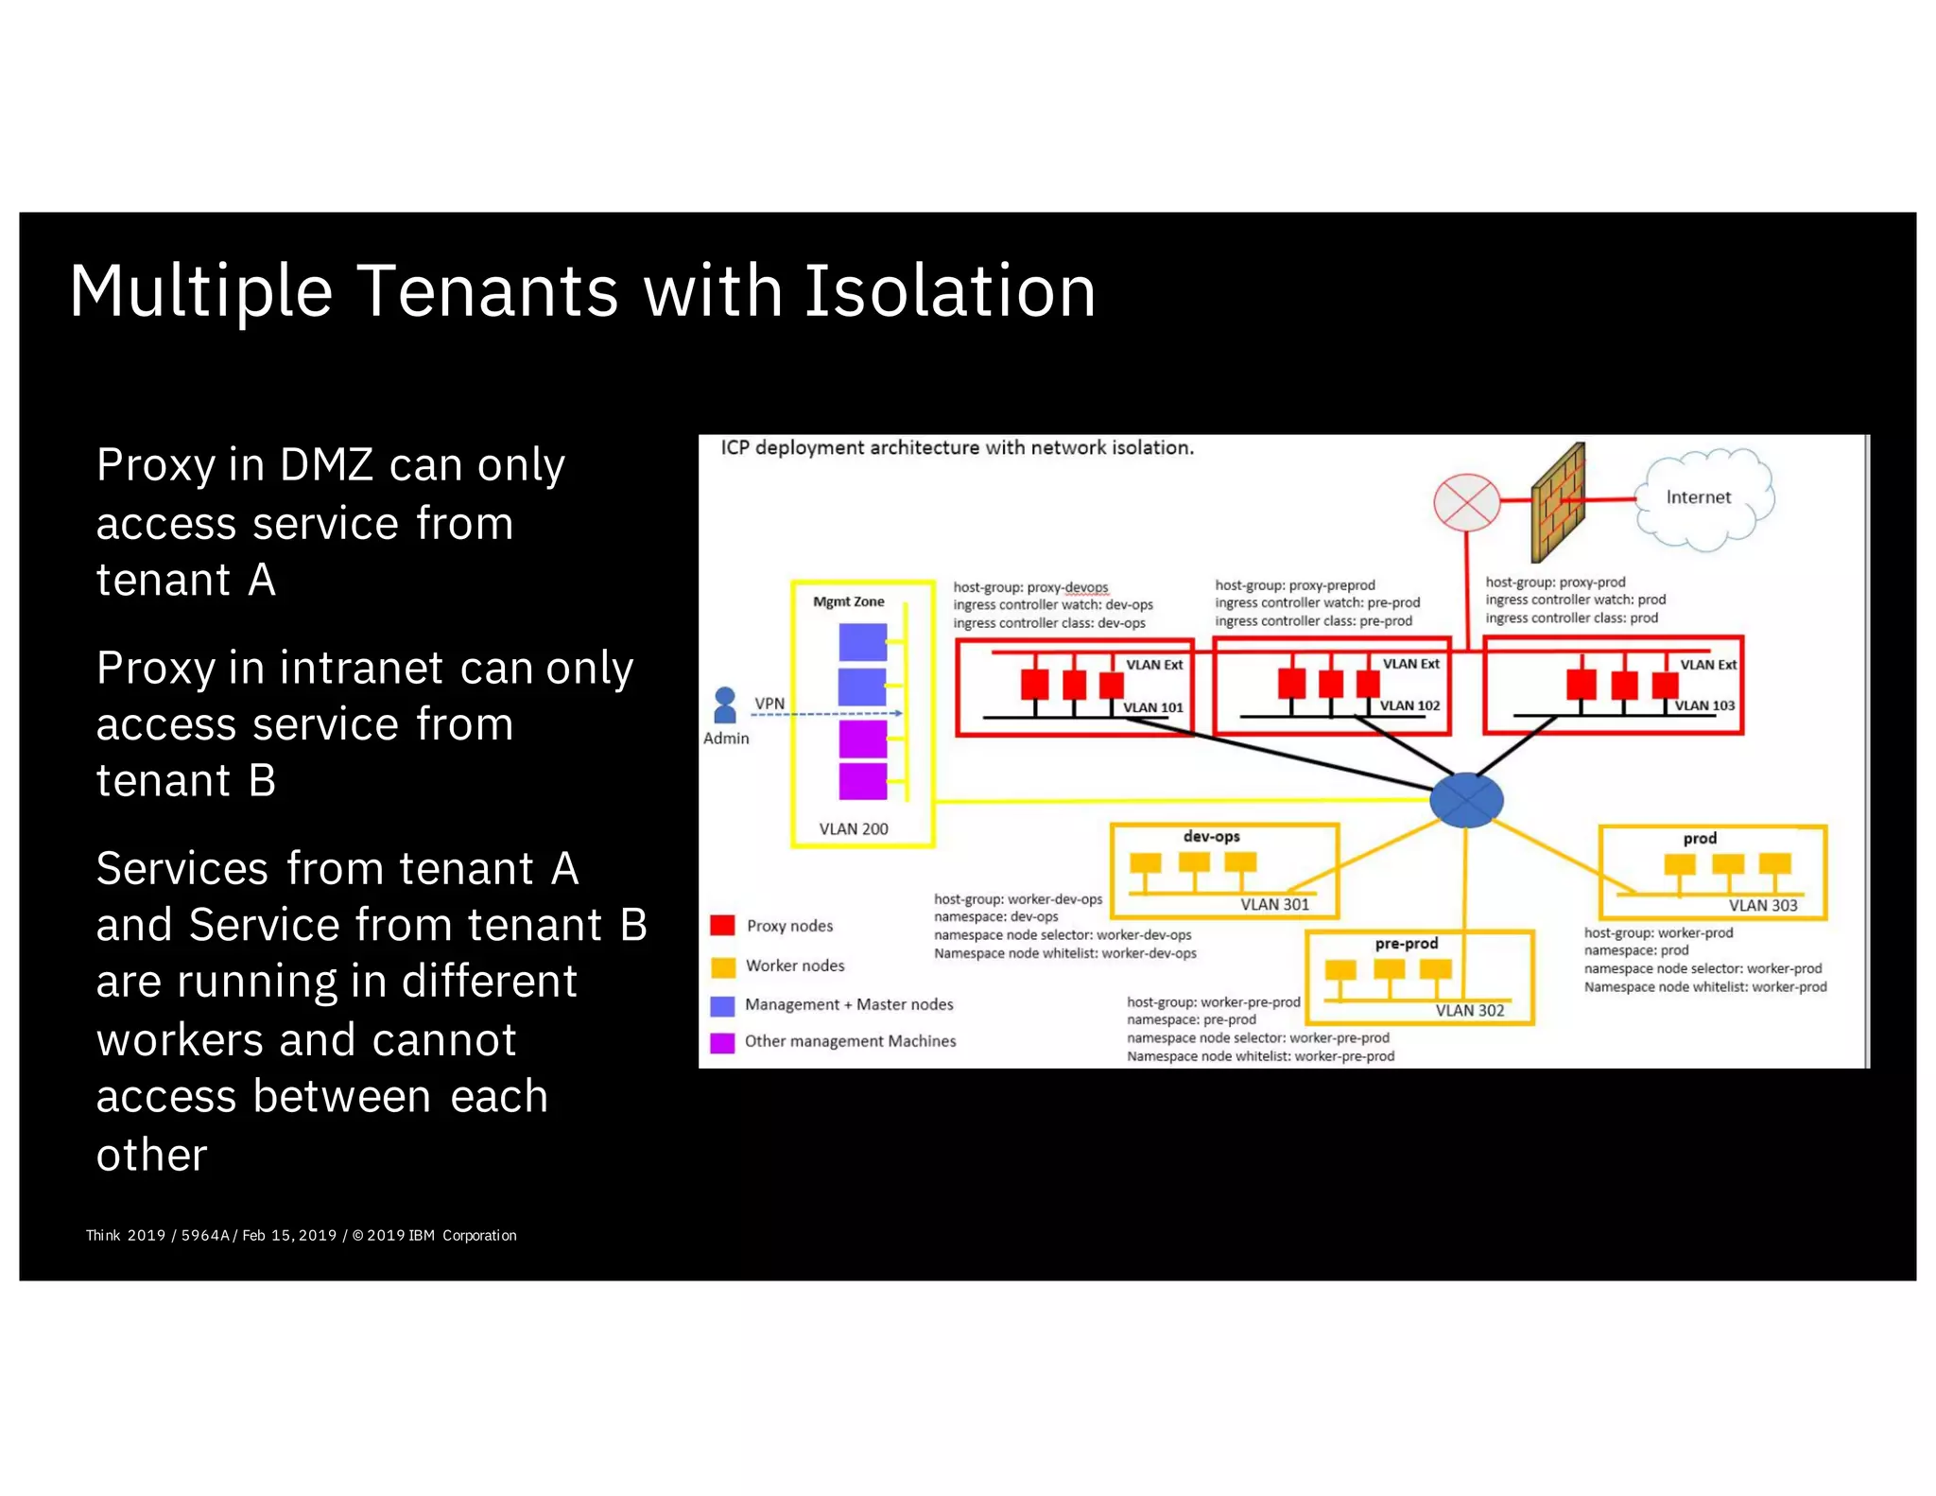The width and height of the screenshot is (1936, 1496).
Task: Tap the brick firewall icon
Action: tap(1558, 503)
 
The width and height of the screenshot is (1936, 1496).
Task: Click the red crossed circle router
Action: tap(1466, 502)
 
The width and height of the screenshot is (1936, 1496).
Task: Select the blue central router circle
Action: tap(1465, 800)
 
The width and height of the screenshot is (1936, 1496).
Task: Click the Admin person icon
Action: tap(725, 705)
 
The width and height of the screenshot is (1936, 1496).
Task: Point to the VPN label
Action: tap(769, 704)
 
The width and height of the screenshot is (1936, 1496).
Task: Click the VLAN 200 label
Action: tap(853, 829)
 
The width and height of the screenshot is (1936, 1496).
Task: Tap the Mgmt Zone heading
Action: tap(848, 601)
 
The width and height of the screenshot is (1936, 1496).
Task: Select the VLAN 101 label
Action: tap(1152, 707)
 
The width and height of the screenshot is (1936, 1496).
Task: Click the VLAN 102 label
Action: tap(1409, 705)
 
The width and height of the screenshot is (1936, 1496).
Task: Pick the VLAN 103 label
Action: tap(1704, 705)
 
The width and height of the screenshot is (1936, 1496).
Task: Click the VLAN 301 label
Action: tap(1274, 905)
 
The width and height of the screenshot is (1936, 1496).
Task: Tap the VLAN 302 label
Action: tap(1469, 1011)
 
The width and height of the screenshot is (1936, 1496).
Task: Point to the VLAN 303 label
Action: tap(1763, 906)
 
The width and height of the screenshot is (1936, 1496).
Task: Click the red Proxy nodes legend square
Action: tap(722, 925)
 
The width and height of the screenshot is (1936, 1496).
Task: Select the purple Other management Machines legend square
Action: tap(722, 1042)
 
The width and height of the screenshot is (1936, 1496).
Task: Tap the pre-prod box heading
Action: tap(1406, 944)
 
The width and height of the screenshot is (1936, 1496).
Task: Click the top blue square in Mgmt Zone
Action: tap(862, 642)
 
